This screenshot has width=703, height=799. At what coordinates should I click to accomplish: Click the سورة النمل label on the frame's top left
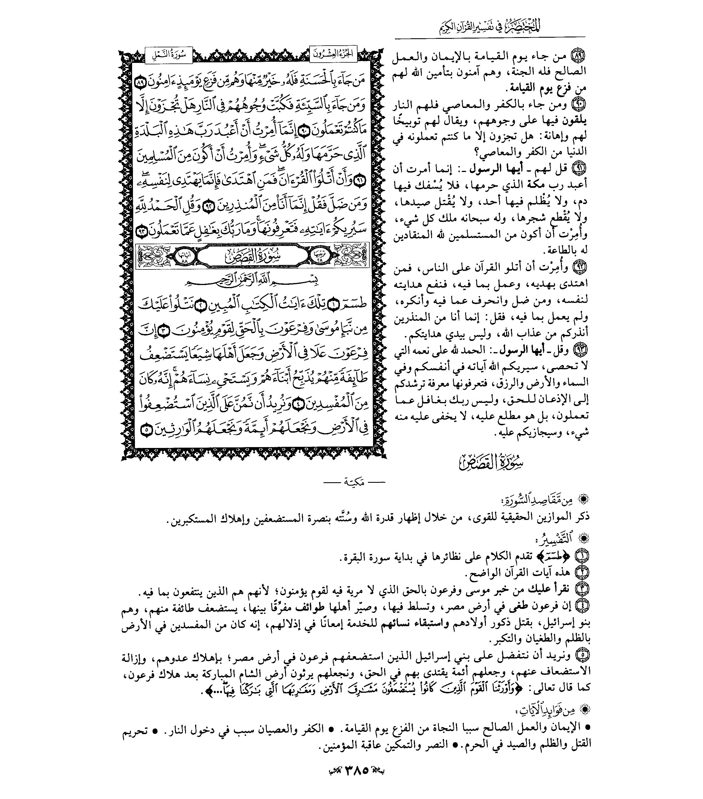click(x=168, y=54)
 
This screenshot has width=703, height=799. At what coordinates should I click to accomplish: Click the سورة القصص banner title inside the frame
click(x=252, y=256)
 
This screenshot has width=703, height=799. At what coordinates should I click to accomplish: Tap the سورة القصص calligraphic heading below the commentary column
click(x=491, y=462)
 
